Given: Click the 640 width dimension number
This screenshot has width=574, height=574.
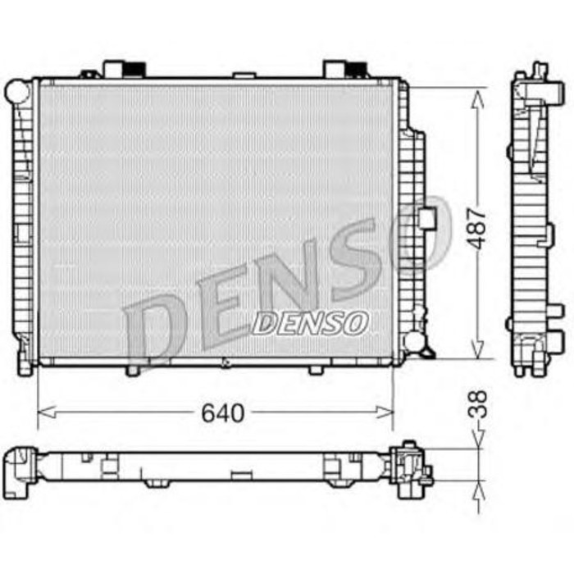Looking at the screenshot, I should point(222,413).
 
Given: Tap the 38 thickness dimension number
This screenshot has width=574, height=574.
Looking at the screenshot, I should point(481,405).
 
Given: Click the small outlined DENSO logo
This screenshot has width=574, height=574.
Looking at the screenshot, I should point(309,323).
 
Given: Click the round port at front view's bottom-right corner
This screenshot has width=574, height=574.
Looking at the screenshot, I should point(414,341).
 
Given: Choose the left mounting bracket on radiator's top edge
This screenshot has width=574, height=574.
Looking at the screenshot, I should point(124,69).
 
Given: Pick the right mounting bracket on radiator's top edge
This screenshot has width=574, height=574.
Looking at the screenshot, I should point(344,69).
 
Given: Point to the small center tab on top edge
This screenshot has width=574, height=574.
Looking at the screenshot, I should point(244,75).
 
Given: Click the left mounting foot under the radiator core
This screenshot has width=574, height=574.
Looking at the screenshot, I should point(133,370).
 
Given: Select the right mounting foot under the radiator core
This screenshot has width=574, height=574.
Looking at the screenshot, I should point(316,370).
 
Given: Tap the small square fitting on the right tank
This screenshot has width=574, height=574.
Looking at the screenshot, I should point(426,217).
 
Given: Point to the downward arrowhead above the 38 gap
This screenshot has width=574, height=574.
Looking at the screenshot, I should point(479,442).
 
